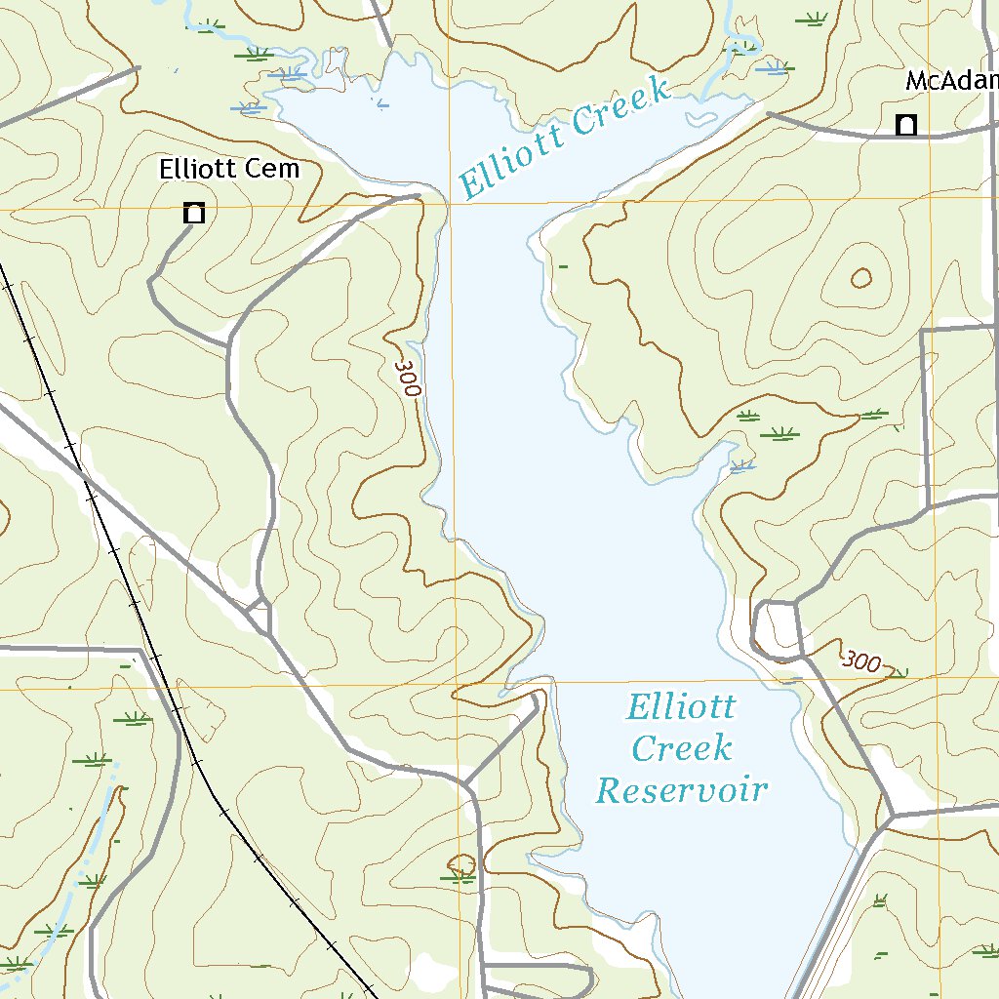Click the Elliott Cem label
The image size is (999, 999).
(x=229, y=169)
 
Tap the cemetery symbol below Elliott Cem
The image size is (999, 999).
(x=194, y=213)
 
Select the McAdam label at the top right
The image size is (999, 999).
(x=951, y=81)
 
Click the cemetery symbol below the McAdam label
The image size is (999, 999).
(x=906, y=125)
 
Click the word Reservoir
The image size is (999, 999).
(x=681, y=789)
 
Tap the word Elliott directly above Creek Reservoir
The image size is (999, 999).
(x=681, y=707)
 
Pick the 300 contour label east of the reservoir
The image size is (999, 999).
(x=861, y=661)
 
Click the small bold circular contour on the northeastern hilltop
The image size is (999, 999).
(x=860, y=279)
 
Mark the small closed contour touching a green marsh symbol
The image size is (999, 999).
(x=461, y=864)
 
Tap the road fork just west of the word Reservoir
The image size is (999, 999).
(x=466, y=783)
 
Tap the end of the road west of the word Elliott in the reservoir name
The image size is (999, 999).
(x=536, y=699)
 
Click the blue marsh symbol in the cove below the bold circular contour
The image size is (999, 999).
(x=742, y=465)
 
